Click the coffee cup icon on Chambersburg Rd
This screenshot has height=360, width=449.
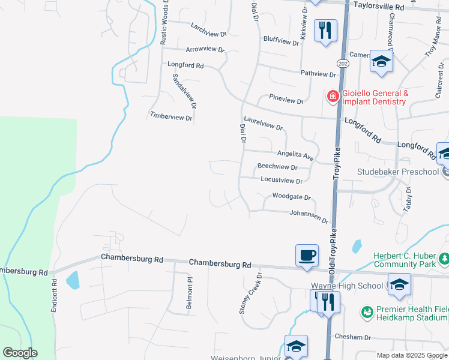307,255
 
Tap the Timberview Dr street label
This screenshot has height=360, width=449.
171,117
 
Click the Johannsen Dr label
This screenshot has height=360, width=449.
309,216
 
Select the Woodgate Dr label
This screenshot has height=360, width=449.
291,197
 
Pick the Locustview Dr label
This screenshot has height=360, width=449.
281,179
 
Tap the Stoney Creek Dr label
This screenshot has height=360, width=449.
250,293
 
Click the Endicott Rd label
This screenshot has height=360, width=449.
53,295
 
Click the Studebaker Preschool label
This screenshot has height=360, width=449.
398,172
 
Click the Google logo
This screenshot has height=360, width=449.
20,353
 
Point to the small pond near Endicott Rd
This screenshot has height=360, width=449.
73,280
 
